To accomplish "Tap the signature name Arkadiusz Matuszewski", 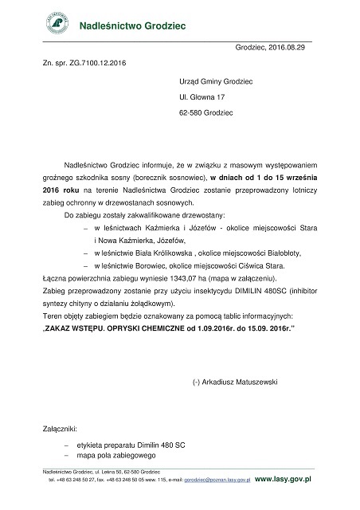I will click(x=248, y=383).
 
